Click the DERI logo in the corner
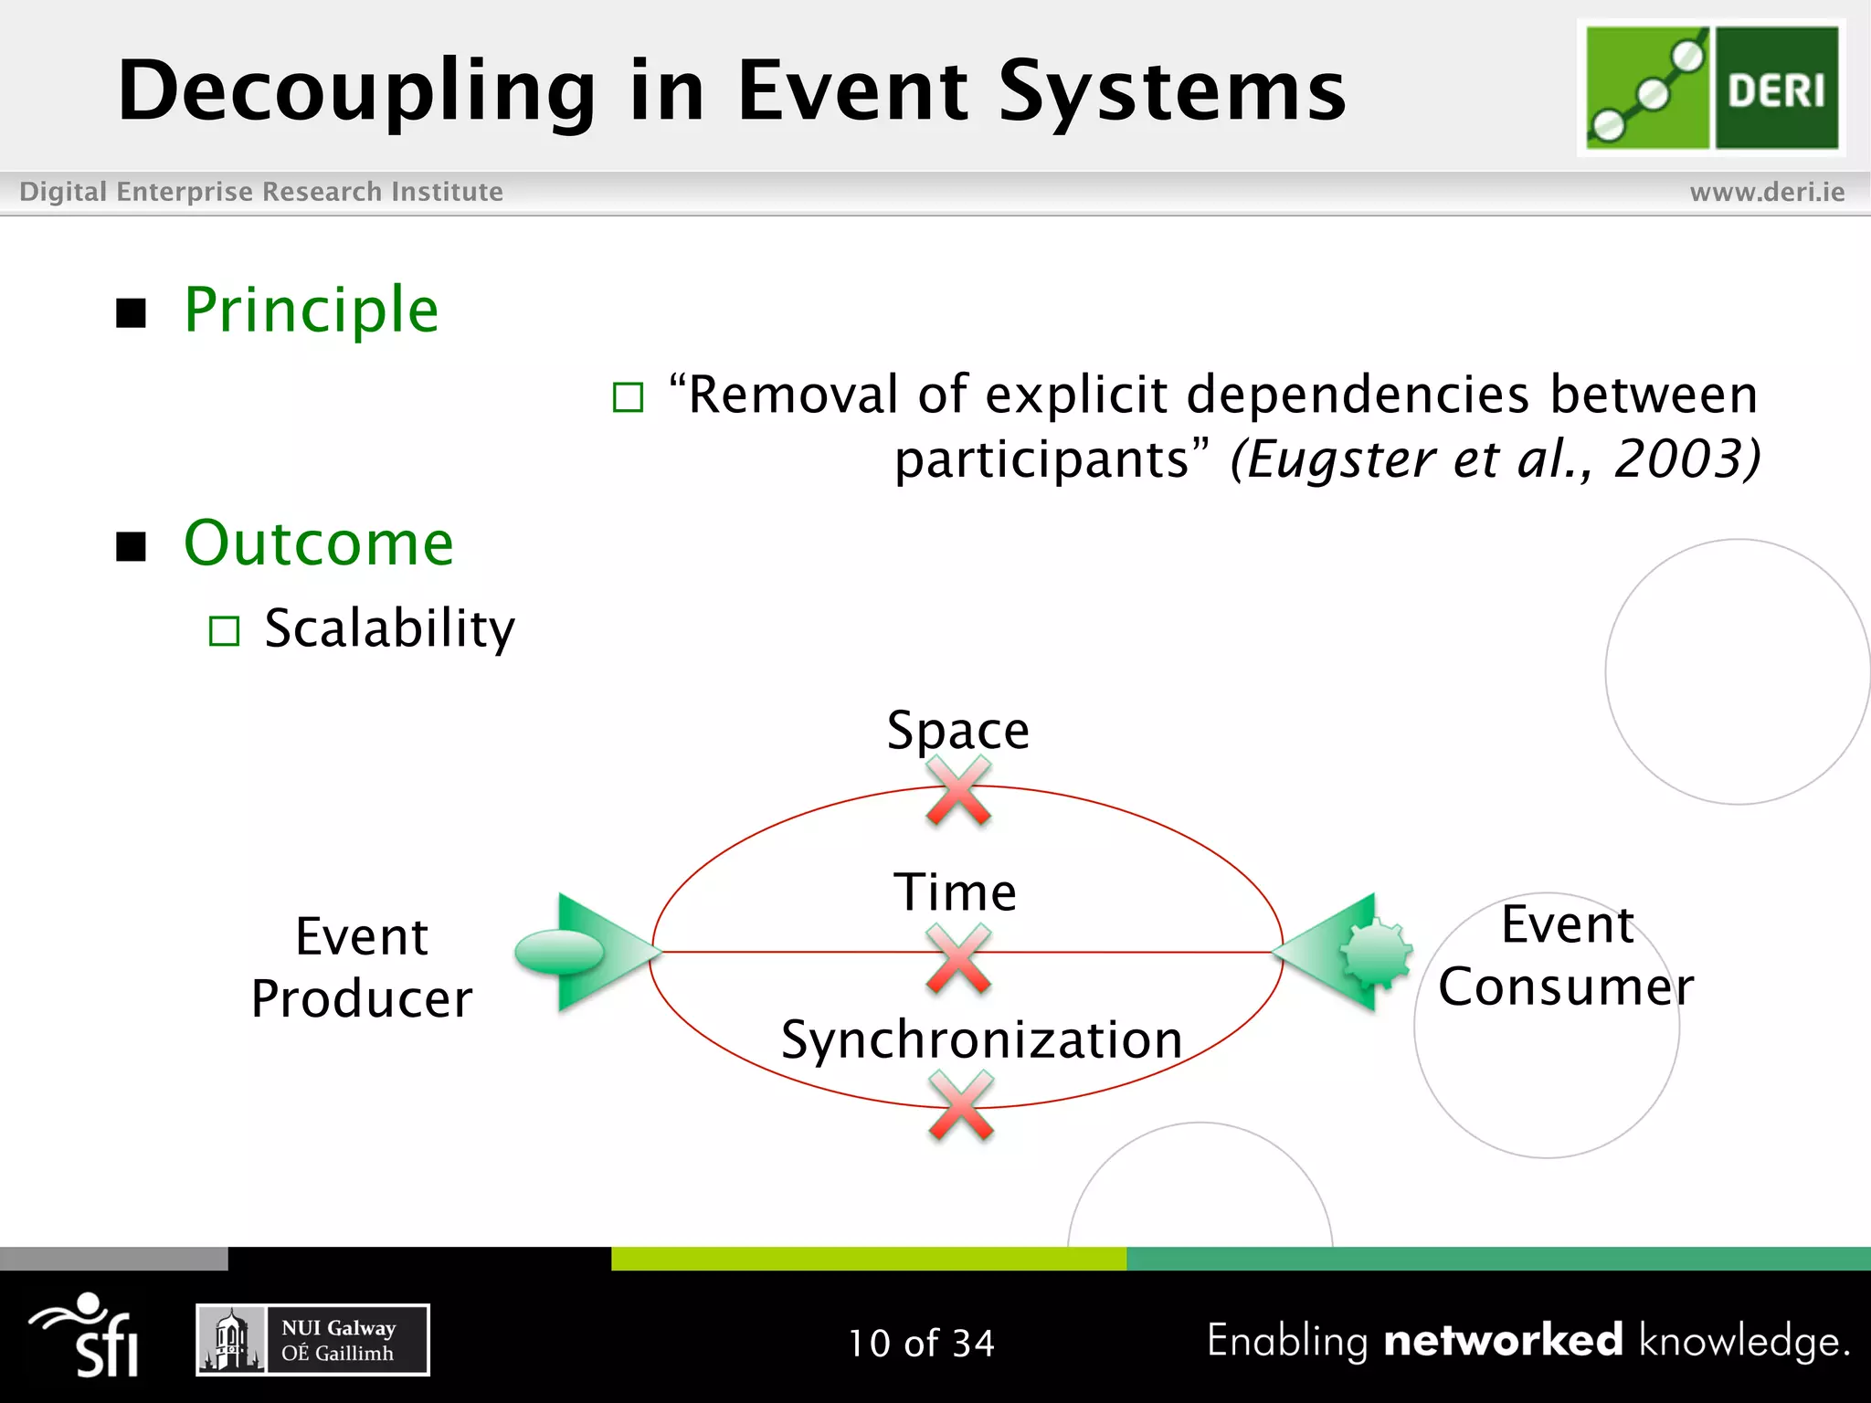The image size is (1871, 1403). (x=1711, y=88)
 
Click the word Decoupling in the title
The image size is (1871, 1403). (x=356, y=91)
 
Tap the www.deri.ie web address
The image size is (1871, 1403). (x=1767, y=192)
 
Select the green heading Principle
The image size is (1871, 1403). (x=311, y=310)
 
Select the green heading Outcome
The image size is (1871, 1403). (x=318, y=543)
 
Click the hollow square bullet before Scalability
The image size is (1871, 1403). (x=224, y=631)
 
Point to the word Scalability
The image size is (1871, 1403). (x=389, y=628)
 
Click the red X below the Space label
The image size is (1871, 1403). (x=957, y=791)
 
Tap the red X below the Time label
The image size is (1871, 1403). (x=957, y=958)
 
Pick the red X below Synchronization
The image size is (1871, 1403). (x=960, y=1106)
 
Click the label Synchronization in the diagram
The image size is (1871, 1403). (x=981, y=1039)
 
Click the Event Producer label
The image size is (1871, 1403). (x=362, y=966)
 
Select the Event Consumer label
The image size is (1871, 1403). (x=1566, y=955)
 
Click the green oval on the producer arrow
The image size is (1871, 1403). (x=559, y=952)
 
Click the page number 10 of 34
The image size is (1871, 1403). (x=921, y=1343)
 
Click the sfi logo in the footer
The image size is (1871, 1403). (x=87, y=1335)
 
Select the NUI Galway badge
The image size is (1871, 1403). (x=312, y=1340)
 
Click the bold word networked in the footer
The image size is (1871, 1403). (x=1503, y=1340)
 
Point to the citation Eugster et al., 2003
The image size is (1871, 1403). (x=1495, y=459)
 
